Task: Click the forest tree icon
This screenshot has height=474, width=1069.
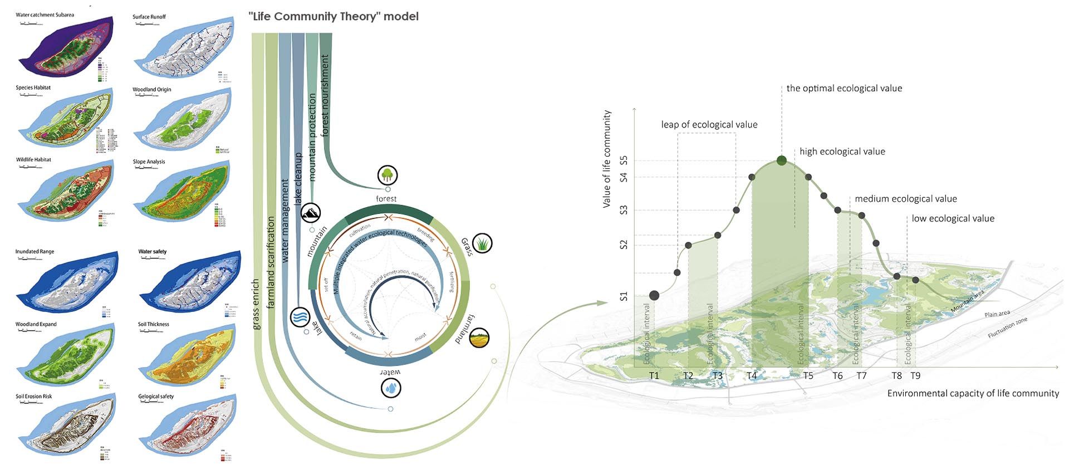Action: coord(387,175)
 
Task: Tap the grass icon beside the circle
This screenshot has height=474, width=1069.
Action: coord(482,243)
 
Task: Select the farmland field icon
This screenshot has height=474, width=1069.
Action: coord(479,338)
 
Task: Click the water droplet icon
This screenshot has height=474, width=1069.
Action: coord(391,388)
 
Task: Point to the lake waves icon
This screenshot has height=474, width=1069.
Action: coord(301,317)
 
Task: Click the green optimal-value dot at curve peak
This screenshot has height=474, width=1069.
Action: coord(782,161)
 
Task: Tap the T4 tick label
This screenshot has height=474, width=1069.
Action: coord(752,376)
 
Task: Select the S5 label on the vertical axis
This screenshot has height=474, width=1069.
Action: coord(624,160)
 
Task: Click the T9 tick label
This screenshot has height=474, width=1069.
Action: coord(915,376)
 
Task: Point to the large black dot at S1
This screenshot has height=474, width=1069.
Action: coord(654,295)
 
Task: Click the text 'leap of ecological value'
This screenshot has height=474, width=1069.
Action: coord(709,125)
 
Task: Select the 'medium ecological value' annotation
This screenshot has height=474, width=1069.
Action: coord(906,199)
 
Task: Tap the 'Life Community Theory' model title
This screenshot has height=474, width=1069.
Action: coord(334,17)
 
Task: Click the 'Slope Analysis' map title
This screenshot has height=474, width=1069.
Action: coord(149,162)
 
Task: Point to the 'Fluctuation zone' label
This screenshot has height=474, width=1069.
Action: coord(1007,328)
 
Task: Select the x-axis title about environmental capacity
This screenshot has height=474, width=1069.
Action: coord(973,394)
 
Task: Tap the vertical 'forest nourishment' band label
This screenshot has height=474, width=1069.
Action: coord(325,95)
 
